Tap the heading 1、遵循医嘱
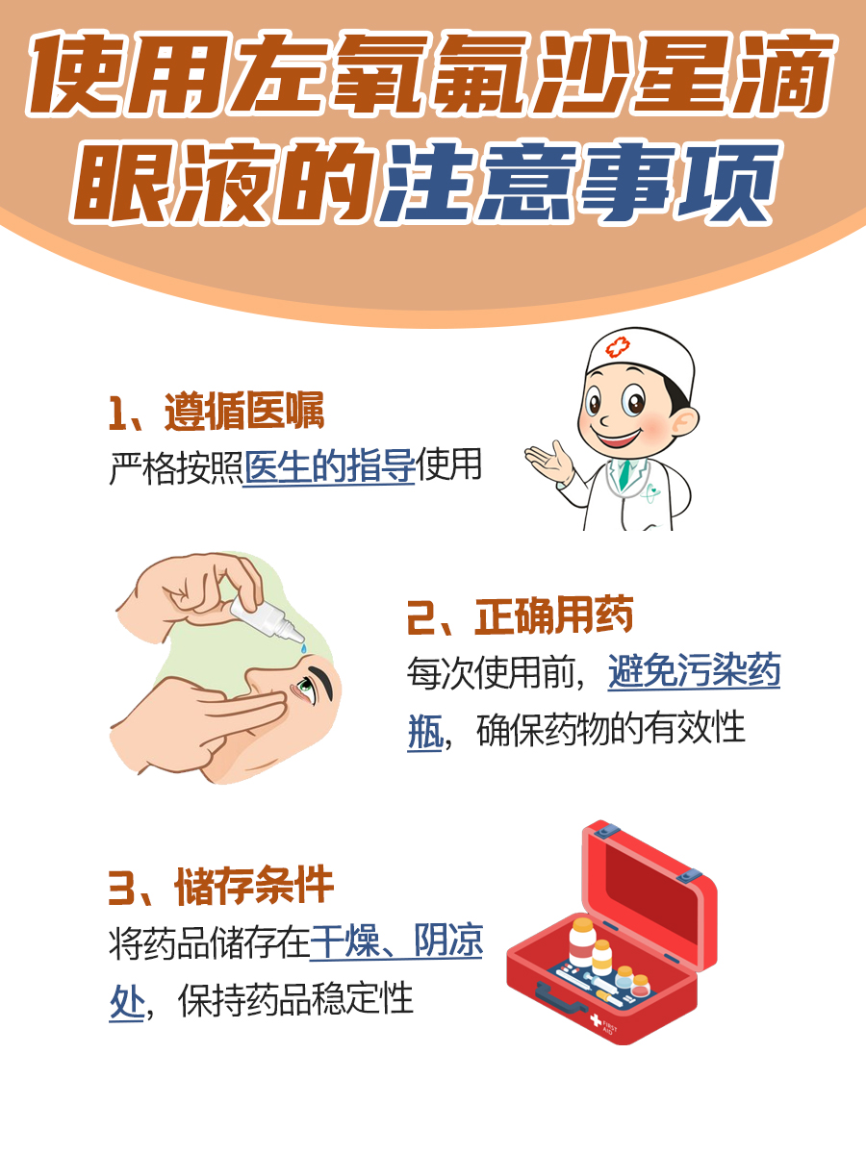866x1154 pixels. [216, 412]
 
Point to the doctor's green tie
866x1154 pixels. [625, 471]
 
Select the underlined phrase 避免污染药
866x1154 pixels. [693, 673]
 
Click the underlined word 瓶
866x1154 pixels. [423, 729]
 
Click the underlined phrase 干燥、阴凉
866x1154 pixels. [395, 943]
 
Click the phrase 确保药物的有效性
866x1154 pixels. [611, 729]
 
